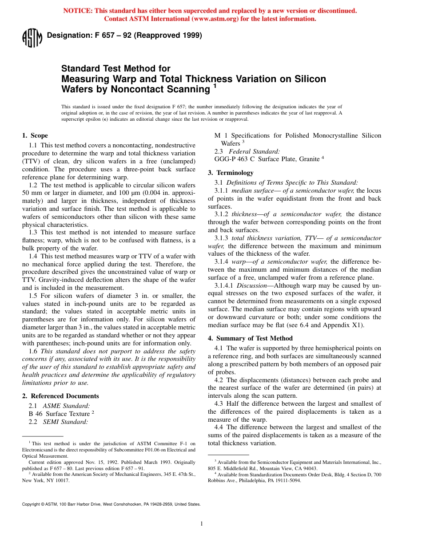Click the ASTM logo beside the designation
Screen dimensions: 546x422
click(x=32, y=38)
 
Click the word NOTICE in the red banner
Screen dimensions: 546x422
click(x=79, y=11)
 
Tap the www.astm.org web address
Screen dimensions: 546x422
click(x=220, y=19)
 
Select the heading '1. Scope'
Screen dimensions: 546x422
click(x=35, y=135)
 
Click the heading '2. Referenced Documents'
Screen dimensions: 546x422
click(x=60, y=396)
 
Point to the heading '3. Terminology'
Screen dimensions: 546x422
click(x=231, y=173)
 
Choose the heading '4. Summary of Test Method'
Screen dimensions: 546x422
click(x=244, y=338)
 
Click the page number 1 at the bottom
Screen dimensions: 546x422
click(x=201, y=524)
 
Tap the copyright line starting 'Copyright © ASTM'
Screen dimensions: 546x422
click(x=111, y=504)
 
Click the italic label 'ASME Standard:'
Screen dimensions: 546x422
click(x=66, y=405)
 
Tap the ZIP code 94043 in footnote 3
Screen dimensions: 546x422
click(x=310, y=468)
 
